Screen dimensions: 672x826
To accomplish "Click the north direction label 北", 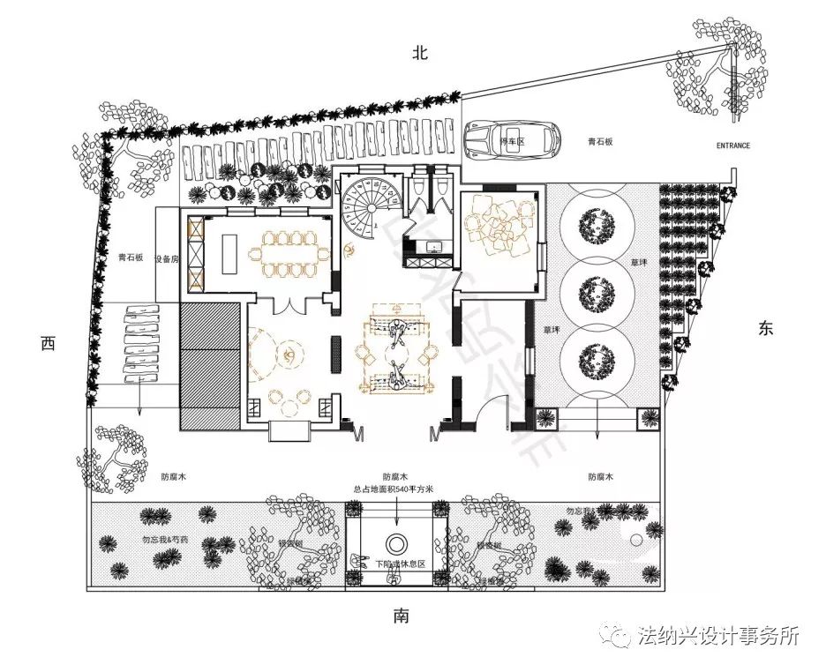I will [419, 53].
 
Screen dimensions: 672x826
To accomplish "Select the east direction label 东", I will [764, 328].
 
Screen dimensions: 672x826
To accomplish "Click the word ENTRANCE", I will [732, 146].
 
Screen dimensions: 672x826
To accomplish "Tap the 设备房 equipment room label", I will [167, 259].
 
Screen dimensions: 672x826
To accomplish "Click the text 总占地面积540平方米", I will [394, 490].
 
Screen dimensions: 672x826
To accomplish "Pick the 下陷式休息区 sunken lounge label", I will [400, 564].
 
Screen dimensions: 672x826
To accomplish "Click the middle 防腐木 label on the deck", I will [395, 476].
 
